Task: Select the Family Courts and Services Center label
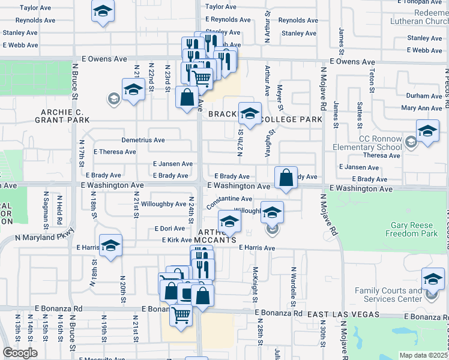click(x=388, y=295)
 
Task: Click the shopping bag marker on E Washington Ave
click(x=286, y=178)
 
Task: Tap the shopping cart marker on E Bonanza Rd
click(x=180, y=314)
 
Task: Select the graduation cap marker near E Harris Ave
click(x=110, y=245)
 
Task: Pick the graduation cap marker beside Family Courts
click(x=433, y=279)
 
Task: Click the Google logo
click(x=20, y=353)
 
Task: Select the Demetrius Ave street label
click(x=143, y=140)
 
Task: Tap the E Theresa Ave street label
click(x=116, y=152)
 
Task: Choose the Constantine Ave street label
click(x=229, y=199)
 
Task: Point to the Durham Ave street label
click(x=423, y=96)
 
